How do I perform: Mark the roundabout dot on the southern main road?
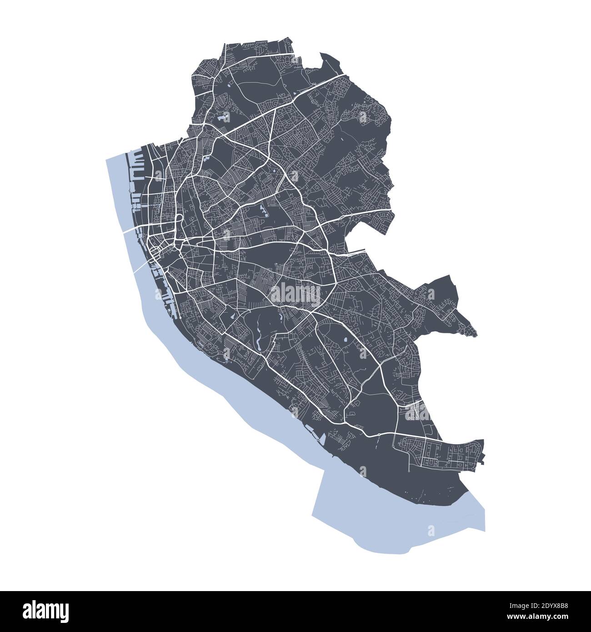click(x=379, y=435)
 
